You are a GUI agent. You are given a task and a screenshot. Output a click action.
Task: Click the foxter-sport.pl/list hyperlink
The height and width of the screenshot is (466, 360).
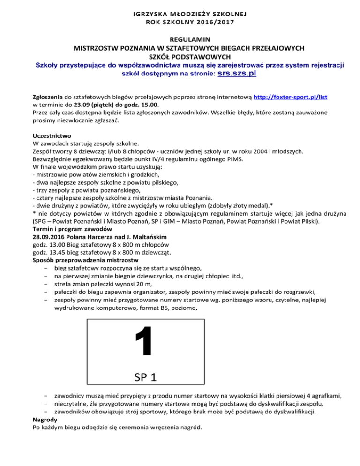click(290, 97)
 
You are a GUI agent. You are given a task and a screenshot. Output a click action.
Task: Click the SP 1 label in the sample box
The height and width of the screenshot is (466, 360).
click(145, 376)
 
